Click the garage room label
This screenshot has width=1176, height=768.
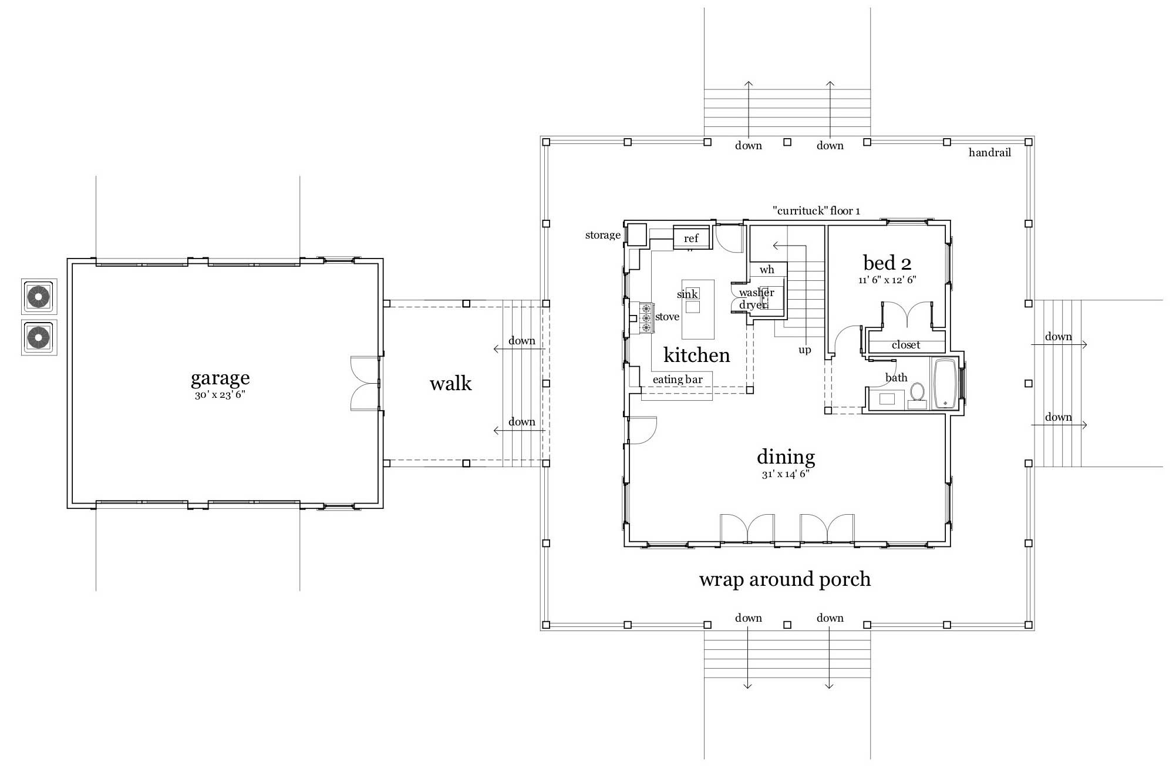point(220,378)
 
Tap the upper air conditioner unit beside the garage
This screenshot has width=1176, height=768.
point(39,297)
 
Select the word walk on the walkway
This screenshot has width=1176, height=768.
point(450,384)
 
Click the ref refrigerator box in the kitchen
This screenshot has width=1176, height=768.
point(691,238)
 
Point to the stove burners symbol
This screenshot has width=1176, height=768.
point(646,318)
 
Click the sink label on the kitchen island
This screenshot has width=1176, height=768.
point(688,294)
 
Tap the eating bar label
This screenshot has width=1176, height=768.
point(678,380)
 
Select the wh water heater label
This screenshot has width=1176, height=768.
point(767,270)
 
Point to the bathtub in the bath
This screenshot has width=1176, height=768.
point(944,383)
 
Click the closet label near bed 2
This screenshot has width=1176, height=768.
point(906,345)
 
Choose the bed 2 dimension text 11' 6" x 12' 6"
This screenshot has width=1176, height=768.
point(887,280)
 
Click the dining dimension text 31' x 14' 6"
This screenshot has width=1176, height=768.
point(786,474)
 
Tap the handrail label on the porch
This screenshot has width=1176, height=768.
point(989,153)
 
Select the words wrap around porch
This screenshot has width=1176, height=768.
point(784,579)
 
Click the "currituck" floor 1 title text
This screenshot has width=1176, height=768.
point(816,211)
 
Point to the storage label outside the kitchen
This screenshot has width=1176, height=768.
point(602,235)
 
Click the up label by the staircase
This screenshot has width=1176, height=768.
point(804,350)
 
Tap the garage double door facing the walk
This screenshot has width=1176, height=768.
point(365,383)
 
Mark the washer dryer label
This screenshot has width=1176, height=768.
point(756,299)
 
